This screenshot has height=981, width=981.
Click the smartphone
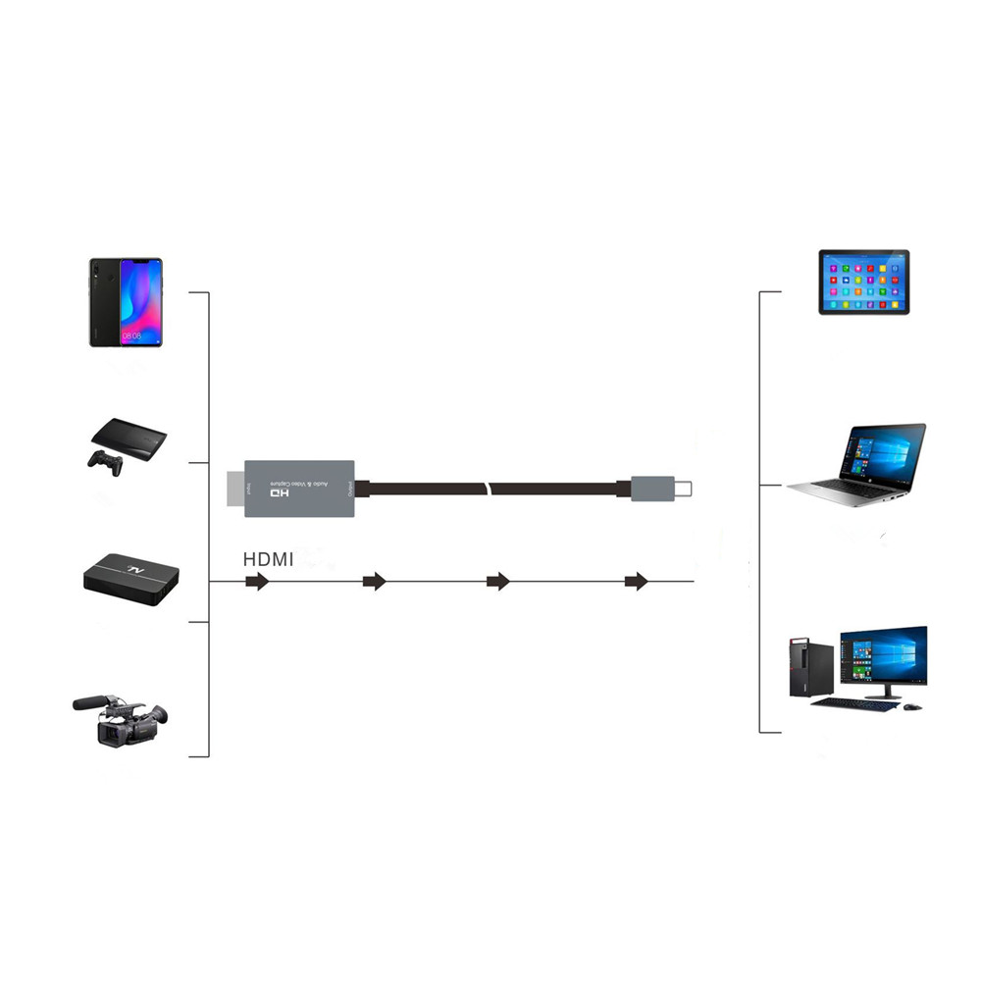(x=125, y=302)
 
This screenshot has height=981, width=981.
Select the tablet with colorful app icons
(x=864, y=282)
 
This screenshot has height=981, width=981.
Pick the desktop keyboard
(x=866, y=704)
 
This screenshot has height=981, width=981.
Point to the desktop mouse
(x=912, y=706)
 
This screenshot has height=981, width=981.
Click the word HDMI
(x=268, y=559)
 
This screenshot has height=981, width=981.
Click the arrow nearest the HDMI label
(x=257, y=582)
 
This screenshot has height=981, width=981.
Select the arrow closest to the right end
(x=637, y=582)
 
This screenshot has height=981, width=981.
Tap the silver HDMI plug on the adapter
(x=235, y=489)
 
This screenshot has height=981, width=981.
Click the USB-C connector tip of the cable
(x=683, y=487)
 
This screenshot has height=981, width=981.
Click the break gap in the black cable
(x=489, y=488)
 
